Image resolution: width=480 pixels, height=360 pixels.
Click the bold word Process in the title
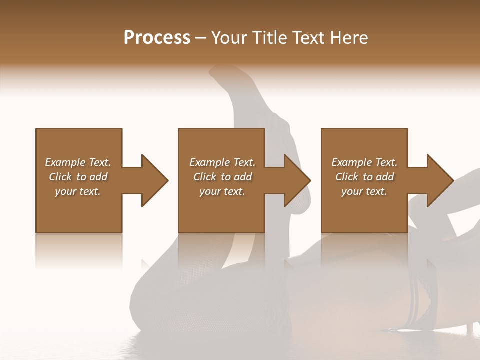tap(157, 38)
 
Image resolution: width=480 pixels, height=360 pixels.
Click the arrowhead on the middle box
tap(297, 180)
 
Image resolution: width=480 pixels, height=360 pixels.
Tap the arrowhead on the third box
tap(440, 180)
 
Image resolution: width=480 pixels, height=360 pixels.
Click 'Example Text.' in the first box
tap(78, 162)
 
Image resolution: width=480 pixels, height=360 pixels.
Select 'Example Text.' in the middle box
tap(222, 162)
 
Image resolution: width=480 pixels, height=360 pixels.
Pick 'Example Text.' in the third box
tap(364, 162)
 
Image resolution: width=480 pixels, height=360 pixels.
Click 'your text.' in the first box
tap(78, 191)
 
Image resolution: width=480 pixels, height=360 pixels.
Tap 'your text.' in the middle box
tap(222, 191)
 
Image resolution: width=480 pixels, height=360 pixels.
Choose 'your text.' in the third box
tap(364, 191)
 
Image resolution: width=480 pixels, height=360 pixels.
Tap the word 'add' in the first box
tap(98, 177)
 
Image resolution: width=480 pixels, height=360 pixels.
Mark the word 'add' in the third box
tap(385, 177)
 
